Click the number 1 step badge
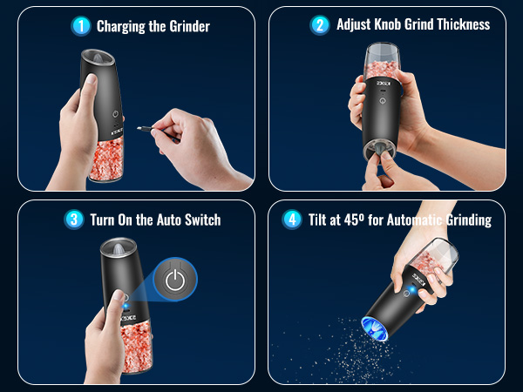pyautogui.click(x=82, y=26)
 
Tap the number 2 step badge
pyautogui.click(x=320, y=24)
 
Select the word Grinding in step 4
pyautogui.click(x=462, y=220)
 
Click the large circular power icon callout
pyautogui.click(x=175, y=280)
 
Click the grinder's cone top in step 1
pyautogui.click(x=98, y=62)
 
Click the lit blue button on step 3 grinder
pyautogui.click(x=126, y=306)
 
